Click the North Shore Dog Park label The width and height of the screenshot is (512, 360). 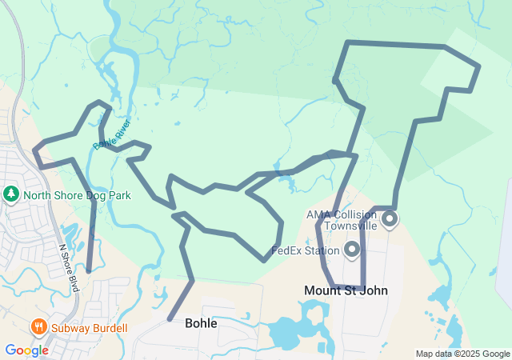pos(77,194)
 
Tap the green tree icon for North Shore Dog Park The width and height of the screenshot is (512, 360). pos(11,194)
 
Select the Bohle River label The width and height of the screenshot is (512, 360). pos(111,134)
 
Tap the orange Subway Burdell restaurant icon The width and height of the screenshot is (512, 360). pos(38,327)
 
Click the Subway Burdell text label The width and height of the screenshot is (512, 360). pos(89,328)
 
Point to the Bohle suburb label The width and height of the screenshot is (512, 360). pos(201,323)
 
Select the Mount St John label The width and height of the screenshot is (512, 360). pos(346,290)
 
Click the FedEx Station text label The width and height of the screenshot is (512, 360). pos(306,250)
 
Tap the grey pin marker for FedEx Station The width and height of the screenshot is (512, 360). pos(352,250)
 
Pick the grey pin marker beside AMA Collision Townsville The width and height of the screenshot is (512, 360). pos(390,218)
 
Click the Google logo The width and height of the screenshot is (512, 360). pos(26,350)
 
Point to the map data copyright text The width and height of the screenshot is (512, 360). pos(462,354)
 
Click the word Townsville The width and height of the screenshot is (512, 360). pos(345,226)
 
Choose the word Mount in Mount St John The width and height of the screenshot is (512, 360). pos(322,290)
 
